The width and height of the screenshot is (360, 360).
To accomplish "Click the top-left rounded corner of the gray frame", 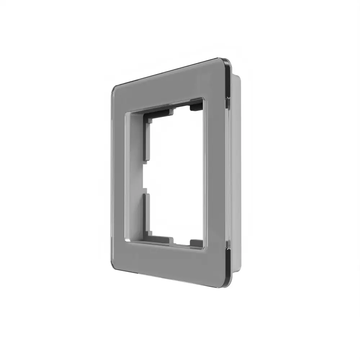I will point(114,89).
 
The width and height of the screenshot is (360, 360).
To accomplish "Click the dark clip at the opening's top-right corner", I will point(196,107).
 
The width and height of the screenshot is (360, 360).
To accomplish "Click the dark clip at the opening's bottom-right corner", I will point(197,243).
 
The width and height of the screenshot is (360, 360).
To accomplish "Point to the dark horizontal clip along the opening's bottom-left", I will point(160,239).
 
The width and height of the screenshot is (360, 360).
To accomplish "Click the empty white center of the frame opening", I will point(176,176).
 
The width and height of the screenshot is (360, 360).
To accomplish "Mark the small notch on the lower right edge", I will point(228,246).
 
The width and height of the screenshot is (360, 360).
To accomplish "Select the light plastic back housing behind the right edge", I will point(234,173).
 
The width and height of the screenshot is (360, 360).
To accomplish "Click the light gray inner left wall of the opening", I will point(135,176).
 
